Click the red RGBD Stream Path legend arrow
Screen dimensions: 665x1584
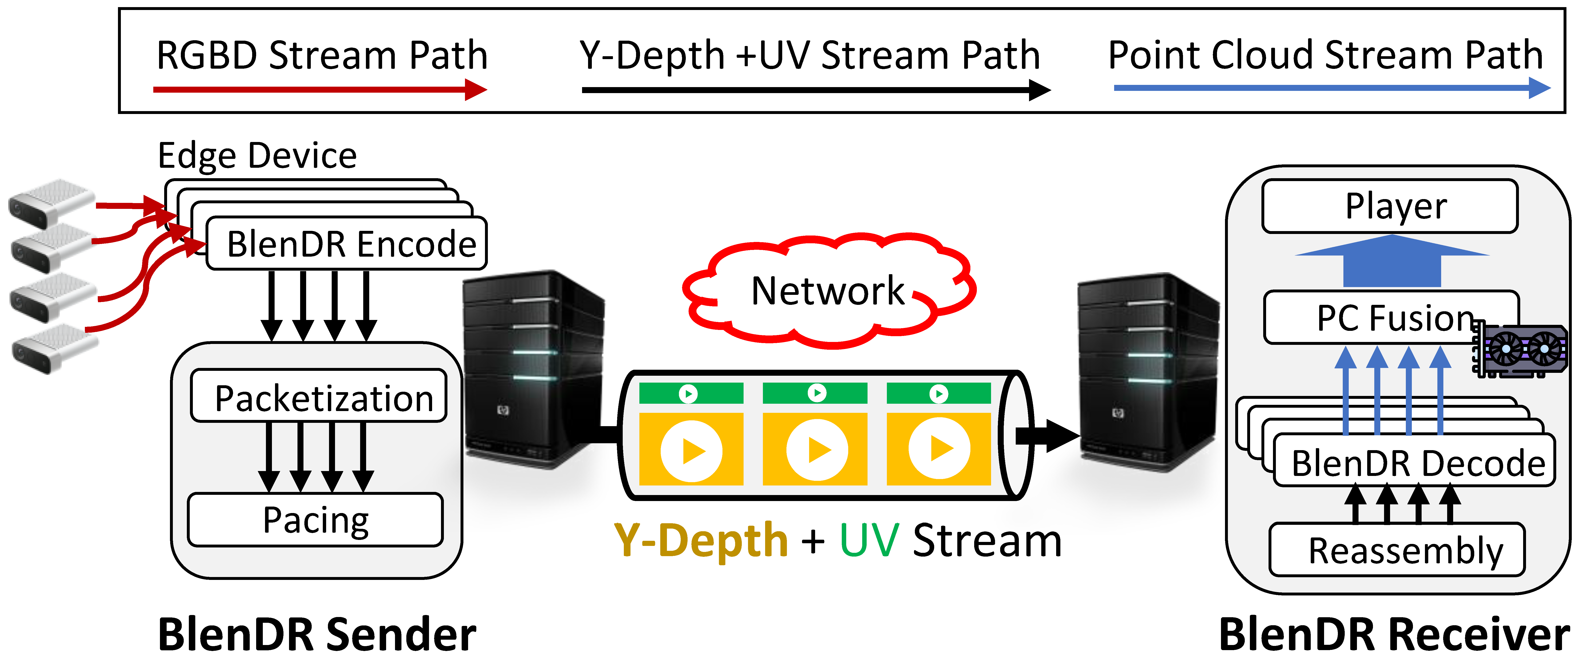pos(320,90)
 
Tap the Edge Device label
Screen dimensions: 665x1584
pos(257,156)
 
